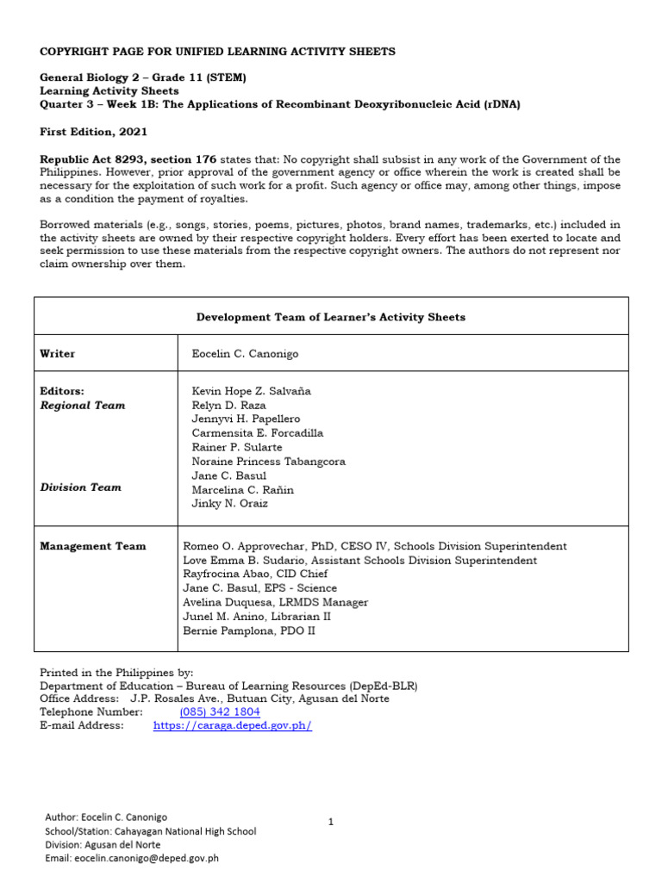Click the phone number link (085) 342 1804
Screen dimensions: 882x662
coord(220,712)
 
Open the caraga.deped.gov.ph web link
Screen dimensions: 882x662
coord(232,726)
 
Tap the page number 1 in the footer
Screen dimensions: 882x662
coord(331,822)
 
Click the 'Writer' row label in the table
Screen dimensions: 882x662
coord(58,353)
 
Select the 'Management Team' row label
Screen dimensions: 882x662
coord(93,546)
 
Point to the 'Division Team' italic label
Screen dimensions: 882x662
coord(81,488)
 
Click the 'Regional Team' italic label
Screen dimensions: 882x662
coord(83,405)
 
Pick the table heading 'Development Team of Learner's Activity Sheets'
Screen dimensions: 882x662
coord(331,317)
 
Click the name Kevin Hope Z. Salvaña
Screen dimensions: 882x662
coord(251,391)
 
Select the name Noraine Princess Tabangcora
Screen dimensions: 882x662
coord(268,462)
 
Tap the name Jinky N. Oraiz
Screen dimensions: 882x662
coord(229,504)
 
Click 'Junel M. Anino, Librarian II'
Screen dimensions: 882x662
coord(257,617)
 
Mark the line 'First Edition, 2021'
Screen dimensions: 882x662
coord(94,132)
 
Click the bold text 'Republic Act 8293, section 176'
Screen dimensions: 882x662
coord(129,160)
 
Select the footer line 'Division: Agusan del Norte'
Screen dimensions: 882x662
coord(106,845)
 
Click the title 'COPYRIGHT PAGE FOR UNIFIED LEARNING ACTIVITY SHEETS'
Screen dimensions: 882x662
coord(218,52)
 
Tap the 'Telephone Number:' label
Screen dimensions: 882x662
coord(91,712)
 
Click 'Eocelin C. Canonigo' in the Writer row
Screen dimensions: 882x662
coord(245,353)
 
